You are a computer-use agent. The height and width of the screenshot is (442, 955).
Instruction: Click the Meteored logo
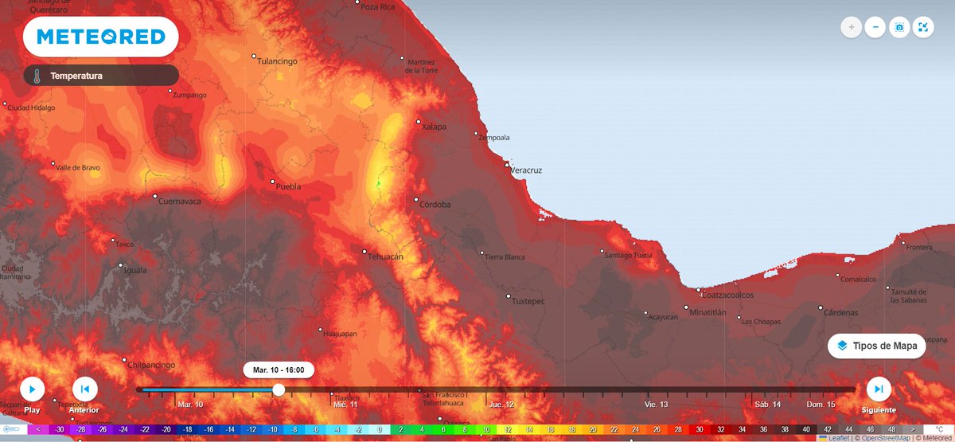(100, 37)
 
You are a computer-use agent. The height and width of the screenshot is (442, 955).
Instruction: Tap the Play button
(32, 389)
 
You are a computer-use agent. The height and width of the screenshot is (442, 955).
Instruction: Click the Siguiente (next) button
(879, 389)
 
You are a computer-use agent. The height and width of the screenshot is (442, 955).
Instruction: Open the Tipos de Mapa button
(876, 346)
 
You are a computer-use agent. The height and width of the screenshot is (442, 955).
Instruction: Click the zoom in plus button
(852, 27)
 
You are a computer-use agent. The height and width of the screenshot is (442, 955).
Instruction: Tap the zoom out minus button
(875, 27)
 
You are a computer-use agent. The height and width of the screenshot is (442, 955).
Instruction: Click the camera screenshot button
(899, 27)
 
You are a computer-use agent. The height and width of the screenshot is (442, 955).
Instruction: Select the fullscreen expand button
(923, 27)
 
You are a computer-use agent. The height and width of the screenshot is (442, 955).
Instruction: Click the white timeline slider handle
(279, 389)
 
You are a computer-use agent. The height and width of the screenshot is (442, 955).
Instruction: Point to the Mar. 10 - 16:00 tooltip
(279, 370)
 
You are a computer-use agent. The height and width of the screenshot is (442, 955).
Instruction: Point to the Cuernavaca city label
(181, 201)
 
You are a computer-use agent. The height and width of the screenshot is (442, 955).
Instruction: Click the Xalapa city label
(434, 127)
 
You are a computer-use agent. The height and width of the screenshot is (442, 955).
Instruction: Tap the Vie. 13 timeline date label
(657, 405)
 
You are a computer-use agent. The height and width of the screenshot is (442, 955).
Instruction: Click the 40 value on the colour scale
(806, 429)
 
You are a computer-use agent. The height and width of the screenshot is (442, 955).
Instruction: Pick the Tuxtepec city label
(528, 301)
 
